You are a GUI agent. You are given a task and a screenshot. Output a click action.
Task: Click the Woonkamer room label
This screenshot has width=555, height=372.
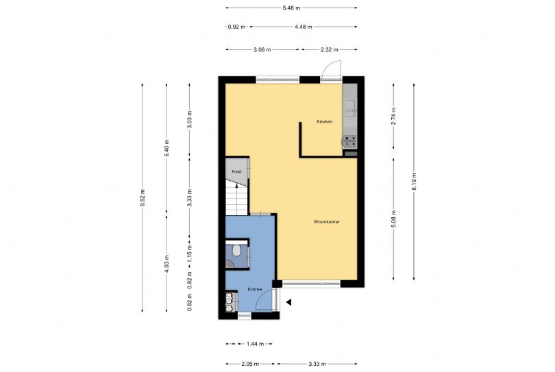click(326, 222)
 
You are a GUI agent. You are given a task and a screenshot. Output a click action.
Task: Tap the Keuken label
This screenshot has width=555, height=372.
click(325, 121)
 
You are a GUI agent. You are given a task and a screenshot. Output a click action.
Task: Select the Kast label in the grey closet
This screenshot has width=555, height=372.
click(237, 171)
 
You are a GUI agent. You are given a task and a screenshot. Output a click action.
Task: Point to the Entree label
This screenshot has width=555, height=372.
click(255, 289)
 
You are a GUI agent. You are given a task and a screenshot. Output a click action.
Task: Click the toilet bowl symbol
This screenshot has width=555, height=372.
click(236, 250)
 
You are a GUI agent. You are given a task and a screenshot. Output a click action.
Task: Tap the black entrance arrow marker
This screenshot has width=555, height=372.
click(289, 302)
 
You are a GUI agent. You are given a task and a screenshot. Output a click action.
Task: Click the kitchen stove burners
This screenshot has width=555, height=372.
click(350, 141)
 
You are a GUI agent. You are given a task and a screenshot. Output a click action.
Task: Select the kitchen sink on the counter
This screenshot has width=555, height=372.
click(350, 108)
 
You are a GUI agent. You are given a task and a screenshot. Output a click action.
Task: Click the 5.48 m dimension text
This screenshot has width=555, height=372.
click(291, 8)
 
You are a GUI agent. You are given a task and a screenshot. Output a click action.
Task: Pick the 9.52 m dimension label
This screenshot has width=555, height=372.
click(143, 197)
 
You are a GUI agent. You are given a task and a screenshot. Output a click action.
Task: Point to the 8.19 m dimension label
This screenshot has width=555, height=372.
click(414, 182)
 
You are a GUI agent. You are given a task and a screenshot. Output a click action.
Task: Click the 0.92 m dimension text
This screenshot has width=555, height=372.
click(236, 27)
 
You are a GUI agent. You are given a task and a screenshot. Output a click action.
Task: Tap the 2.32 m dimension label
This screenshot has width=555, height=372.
click(329, 49)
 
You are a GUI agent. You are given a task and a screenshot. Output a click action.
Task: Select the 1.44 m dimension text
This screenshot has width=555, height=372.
click(255, 344)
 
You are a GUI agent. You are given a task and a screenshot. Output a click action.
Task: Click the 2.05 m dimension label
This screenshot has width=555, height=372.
click(250, 364)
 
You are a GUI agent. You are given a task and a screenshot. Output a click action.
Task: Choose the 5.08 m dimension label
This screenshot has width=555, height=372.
click(393, 219)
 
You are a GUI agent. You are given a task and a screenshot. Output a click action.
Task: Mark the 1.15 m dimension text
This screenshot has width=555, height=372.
click(189, 253)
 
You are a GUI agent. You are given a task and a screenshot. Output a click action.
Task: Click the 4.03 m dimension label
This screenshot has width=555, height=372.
click(166, 264)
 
